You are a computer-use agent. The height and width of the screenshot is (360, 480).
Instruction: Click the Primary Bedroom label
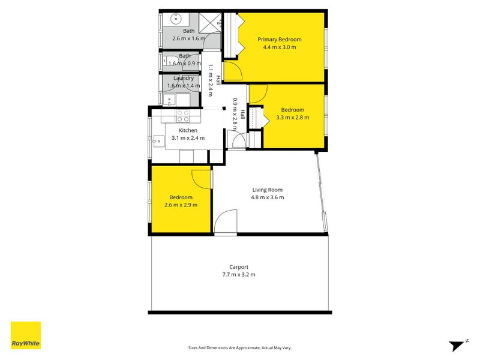point(280,40)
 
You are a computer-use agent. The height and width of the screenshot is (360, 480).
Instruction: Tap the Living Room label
point(267,190)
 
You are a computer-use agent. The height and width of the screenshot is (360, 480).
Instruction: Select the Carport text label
point(239,267)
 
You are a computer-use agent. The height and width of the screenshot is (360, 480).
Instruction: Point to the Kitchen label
point(188,130)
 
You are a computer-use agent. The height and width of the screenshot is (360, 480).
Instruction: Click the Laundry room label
point(184,79)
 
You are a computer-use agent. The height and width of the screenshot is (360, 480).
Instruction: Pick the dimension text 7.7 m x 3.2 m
point(239,275)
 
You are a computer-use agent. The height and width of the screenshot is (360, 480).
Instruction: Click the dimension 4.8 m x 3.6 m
point(267,197)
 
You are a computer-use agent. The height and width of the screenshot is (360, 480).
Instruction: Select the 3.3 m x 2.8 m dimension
point(293,118)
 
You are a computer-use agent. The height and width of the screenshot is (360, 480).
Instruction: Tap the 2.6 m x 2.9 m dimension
point(181,205)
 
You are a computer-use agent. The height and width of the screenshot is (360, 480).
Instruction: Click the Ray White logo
point(26,335)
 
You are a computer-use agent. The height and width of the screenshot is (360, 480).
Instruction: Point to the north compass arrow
point(457,346)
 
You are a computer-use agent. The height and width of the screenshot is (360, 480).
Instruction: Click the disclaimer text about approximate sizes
point(239,348)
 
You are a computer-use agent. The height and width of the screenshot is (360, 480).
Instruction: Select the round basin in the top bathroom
point(176,19)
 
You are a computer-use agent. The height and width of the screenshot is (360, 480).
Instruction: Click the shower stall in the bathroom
point(210,23)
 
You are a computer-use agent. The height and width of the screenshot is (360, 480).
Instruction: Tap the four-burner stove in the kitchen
point(183,116)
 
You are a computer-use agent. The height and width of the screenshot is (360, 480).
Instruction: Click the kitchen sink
point(158,142)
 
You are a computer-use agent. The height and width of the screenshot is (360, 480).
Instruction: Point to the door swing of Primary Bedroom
point(233,71)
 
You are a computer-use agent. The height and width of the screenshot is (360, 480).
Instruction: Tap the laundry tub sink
point(169,100)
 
